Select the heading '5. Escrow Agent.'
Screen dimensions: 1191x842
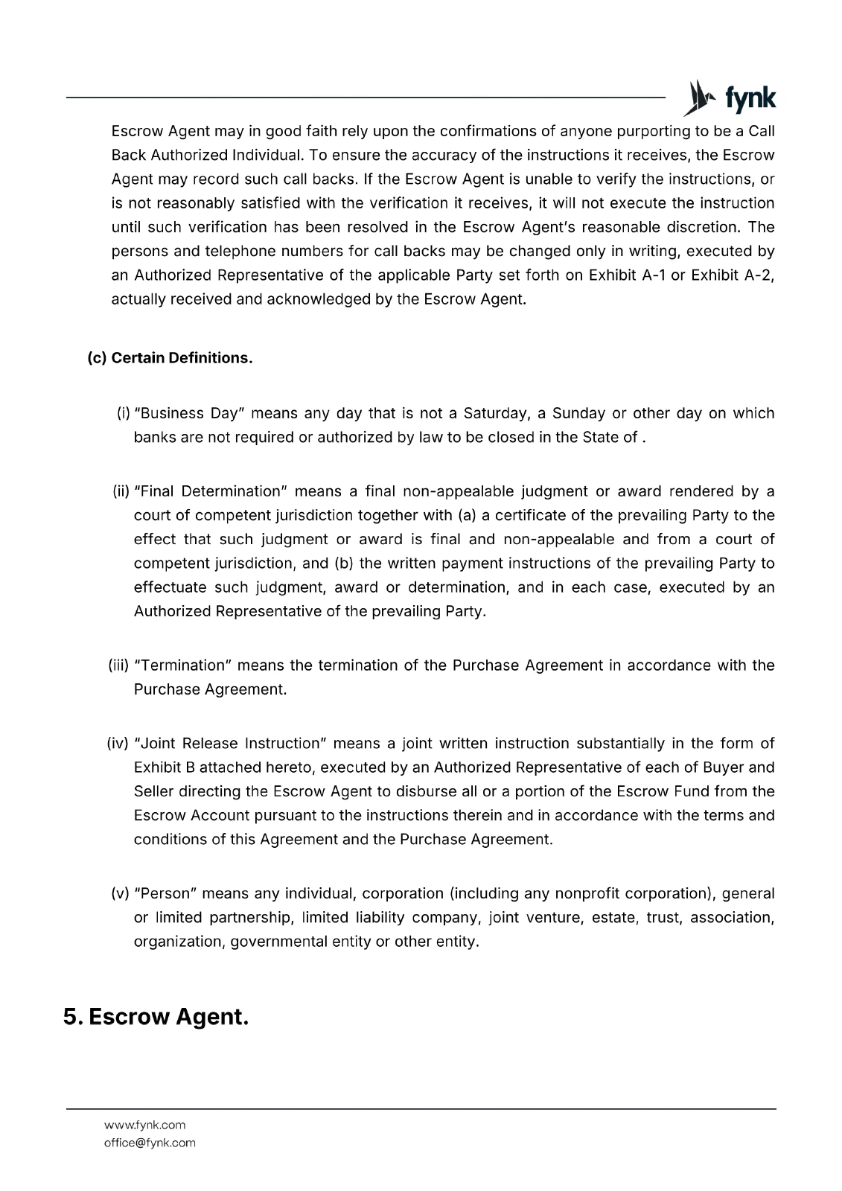[156, 1017]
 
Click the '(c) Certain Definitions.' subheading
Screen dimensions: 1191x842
[170, 358]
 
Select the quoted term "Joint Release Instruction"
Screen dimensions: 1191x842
[229, 744]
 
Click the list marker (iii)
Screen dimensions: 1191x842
[119, 665]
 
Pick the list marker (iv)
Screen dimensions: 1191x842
[118, 744]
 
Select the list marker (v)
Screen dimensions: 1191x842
[121, 893]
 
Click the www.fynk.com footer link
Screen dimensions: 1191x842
[144, 1125]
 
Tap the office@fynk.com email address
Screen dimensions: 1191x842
[150, 1143]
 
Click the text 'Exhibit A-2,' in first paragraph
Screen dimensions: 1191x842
[733, 275]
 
